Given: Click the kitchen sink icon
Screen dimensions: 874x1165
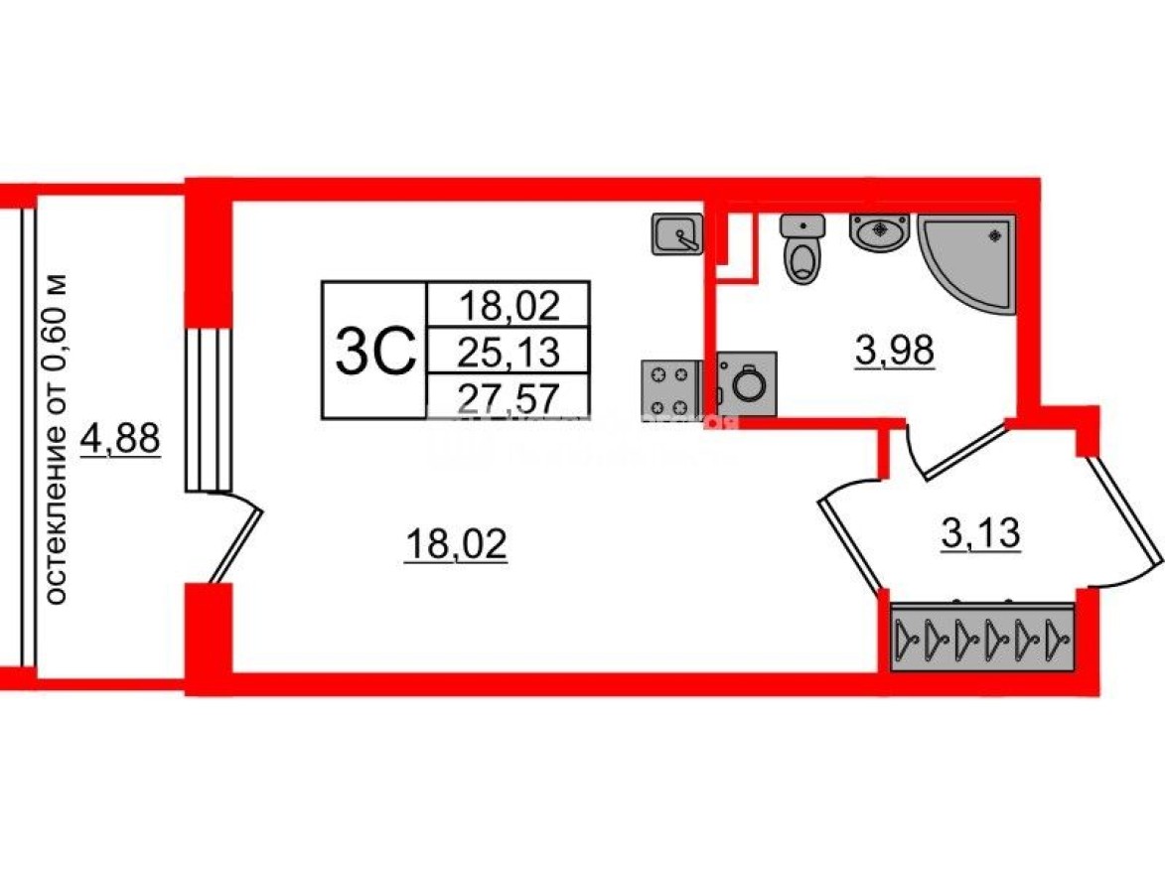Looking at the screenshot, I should click(x=677, y=234).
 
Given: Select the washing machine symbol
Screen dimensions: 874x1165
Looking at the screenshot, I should click(x=745, y=382).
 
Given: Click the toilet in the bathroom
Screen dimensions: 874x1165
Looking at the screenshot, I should click(x=801, y=250).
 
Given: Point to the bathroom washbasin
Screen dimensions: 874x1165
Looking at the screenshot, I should click(x=879, y=232).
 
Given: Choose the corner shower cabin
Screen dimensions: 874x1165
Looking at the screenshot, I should click(x=965, y=260).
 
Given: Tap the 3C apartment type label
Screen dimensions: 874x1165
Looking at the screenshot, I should click(x=373, y=351).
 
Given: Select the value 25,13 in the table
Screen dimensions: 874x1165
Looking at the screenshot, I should click(x=508, y=351).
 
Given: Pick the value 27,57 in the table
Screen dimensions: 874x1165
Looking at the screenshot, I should click(x=508, y=396).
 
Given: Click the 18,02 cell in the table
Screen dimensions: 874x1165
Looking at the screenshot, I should click(x=508, y=304).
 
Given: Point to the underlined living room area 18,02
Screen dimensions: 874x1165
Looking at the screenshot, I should click(x=456, y=544).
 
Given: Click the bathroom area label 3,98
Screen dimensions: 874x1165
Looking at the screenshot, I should click(x=895, y=351).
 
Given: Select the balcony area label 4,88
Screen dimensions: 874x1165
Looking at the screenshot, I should click(x=121, y=437).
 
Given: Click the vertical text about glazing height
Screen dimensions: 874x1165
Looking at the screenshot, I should click(x=59, y=437).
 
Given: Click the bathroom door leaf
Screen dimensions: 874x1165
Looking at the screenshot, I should click(x=959, y=452).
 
